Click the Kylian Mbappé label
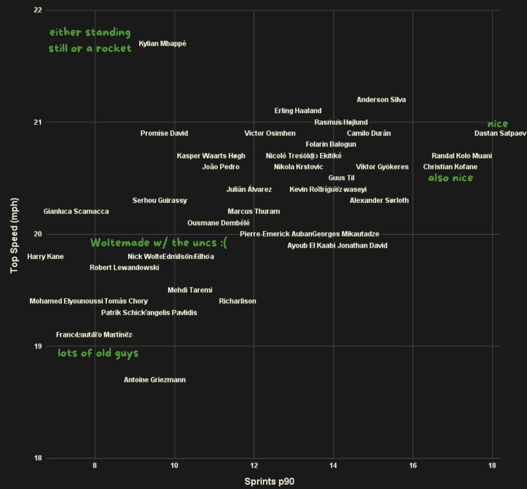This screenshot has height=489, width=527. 162,44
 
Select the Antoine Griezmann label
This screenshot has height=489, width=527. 154,380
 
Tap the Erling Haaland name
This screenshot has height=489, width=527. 298,111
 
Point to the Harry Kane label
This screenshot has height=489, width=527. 45,257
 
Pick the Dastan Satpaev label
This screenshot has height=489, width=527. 500,133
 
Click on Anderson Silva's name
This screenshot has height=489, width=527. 381,100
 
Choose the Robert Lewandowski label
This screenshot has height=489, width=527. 125,268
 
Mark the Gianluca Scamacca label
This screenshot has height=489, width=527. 76,211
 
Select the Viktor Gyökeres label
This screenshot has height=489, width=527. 382,167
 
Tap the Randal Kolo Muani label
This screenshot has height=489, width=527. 462,156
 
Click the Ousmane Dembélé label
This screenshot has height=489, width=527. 219,223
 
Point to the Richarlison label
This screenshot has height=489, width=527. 238,301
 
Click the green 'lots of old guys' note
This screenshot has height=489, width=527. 98,353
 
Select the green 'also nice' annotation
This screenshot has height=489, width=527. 450,178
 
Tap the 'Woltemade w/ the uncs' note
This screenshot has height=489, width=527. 159,243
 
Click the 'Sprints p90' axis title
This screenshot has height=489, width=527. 269,481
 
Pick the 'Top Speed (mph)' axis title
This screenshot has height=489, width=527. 15,235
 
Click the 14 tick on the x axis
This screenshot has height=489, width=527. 333,466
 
